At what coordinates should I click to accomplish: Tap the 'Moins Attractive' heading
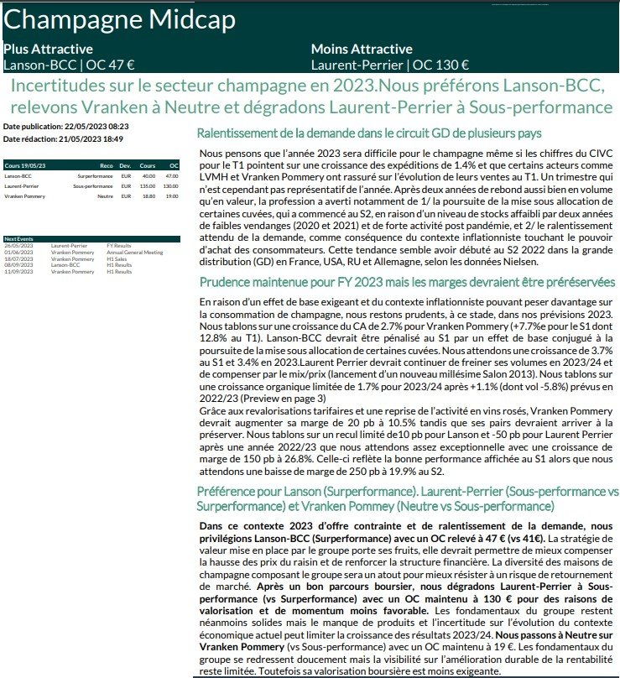click(362, 50)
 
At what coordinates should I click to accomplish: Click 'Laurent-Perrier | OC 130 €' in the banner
click(389, 65)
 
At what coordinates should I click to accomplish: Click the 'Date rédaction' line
click(63, 138)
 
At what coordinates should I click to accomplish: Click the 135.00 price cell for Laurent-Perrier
click(148, 185)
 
